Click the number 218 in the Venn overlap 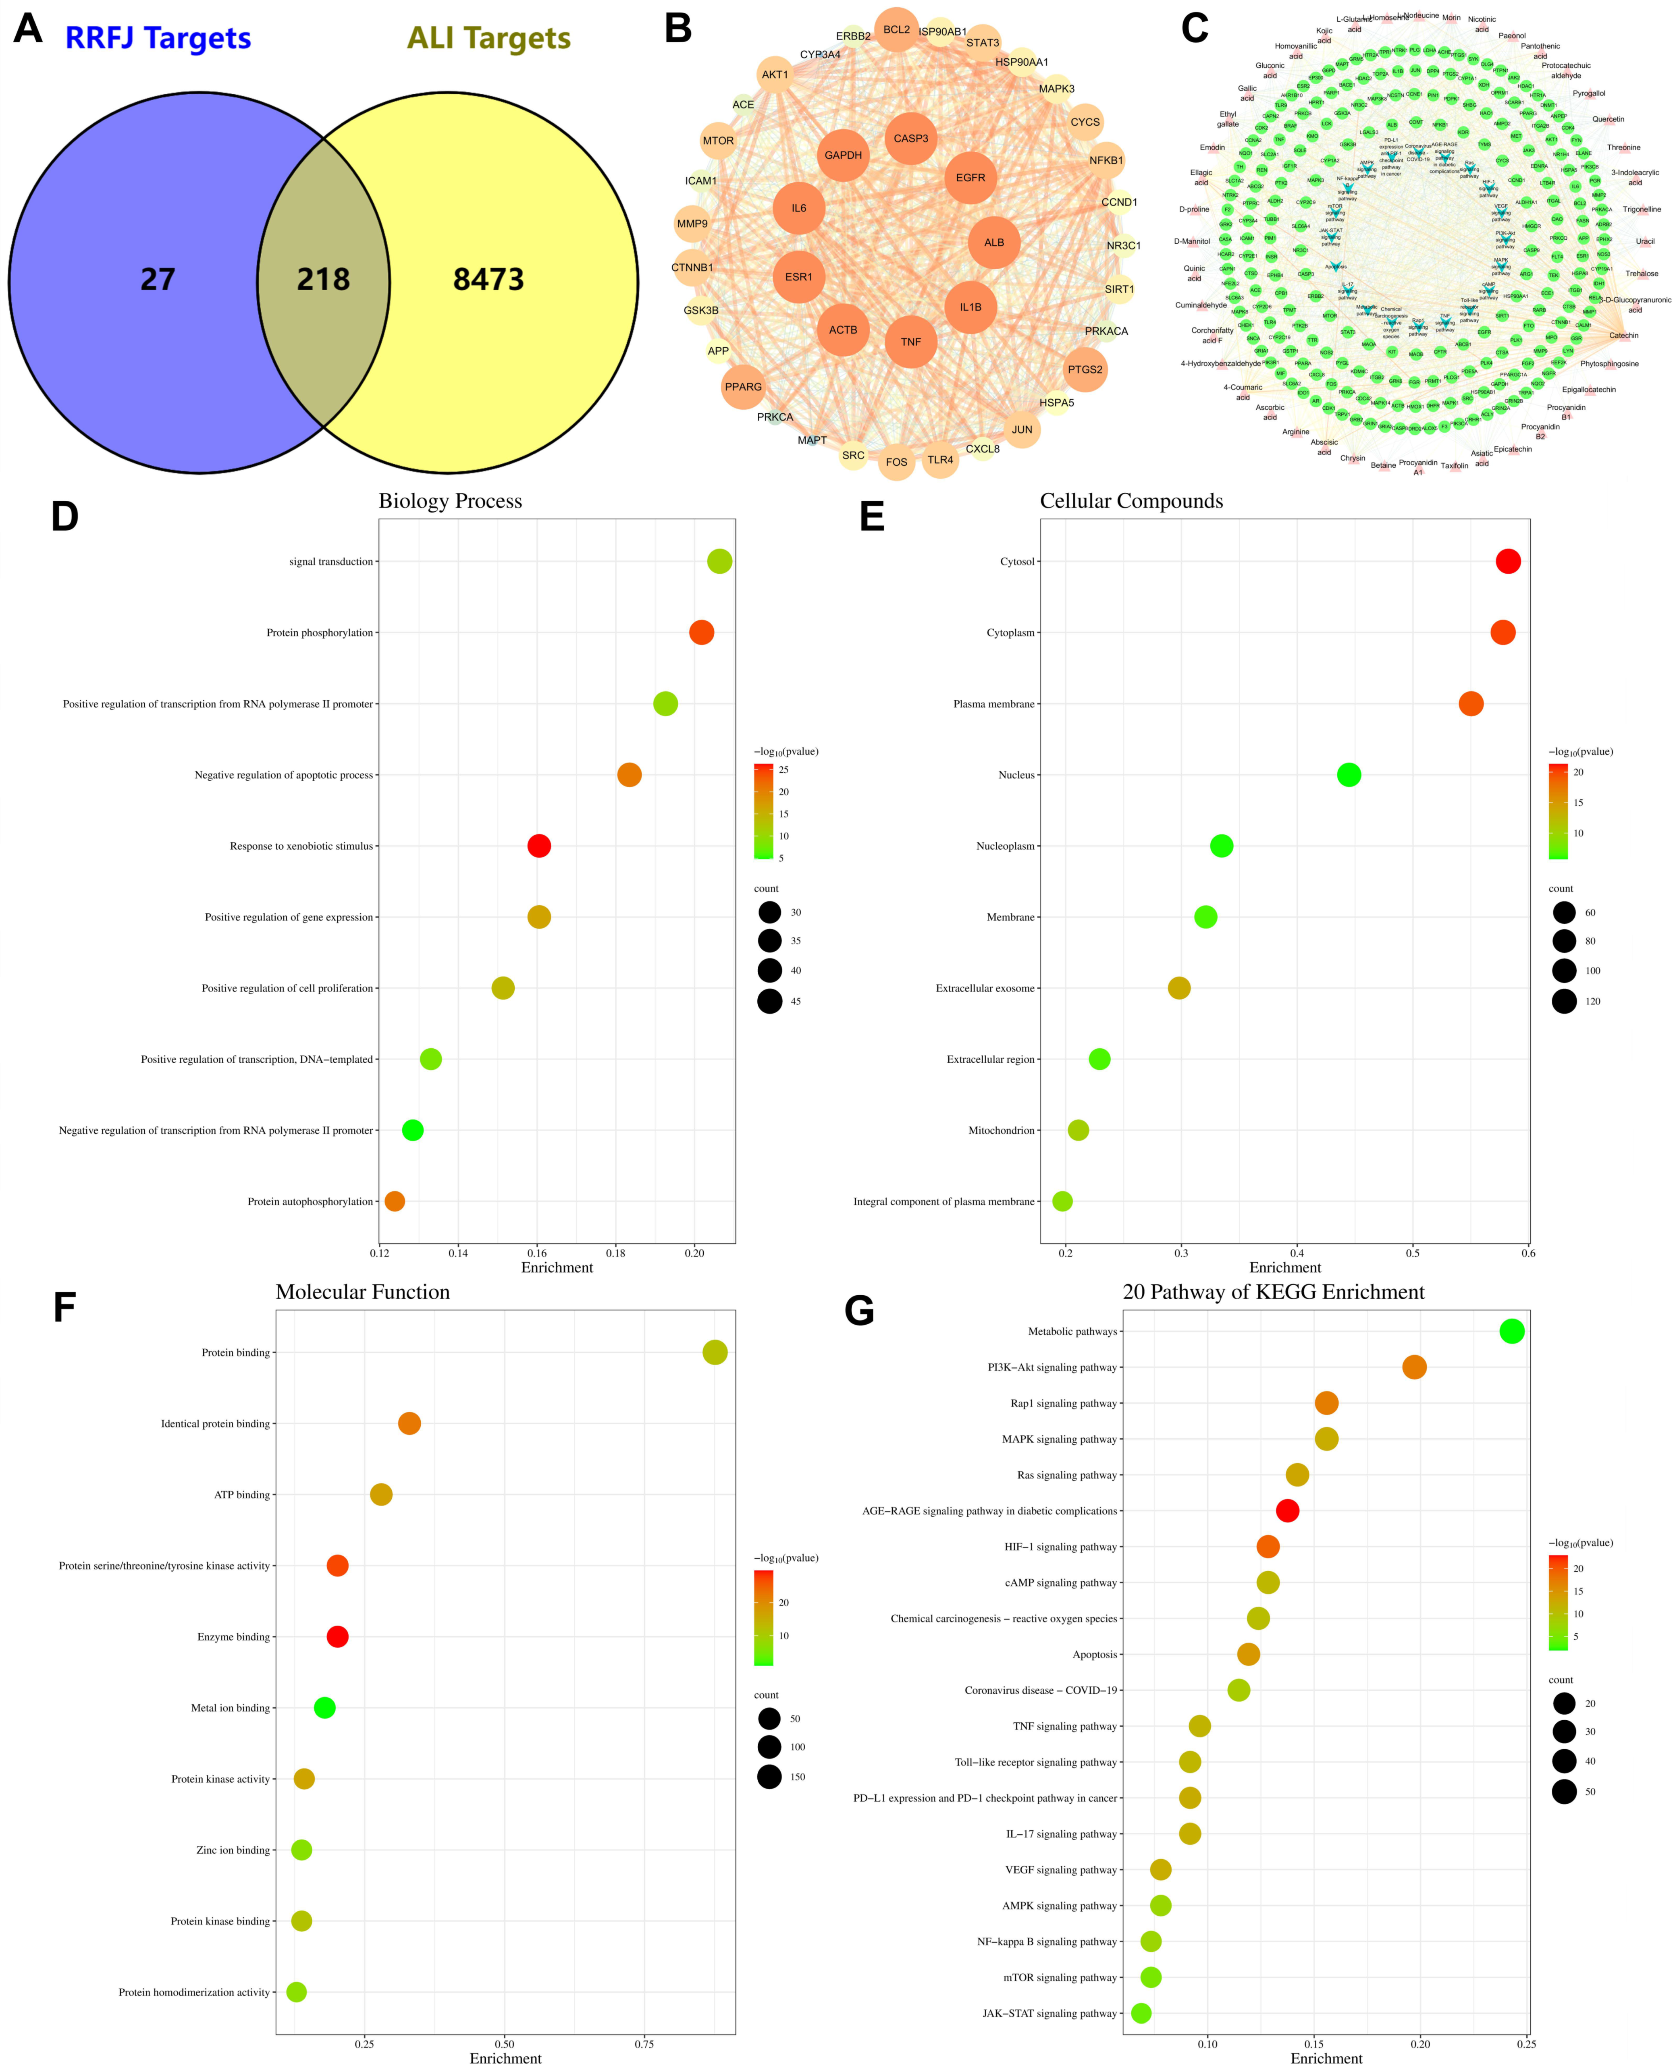click(x=323, y=280)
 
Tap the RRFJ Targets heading click(x=158, y=39)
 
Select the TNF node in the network click(x=911, y=342)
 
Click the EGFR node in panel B click(x=971, y=178)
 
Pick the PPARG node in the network click(x=743, y=387)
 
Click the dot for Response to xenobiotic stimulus click(x=539, y=846)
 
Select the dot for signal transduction click(x=720, y=561)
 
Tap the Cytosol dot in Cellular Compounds click(x=1508, y=561)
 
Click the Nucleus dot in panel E click(x=1349, y=775)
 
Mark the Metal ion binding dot click(x=325, y=1707)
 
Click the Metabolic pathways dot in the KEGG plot click(x=1512, y=1331)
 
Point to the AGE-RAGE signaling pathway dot click(x=1287, y=1511)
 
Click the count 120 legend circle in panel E click(x=1564, y=1001)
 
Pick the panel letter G click(x=859, y=1311)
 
